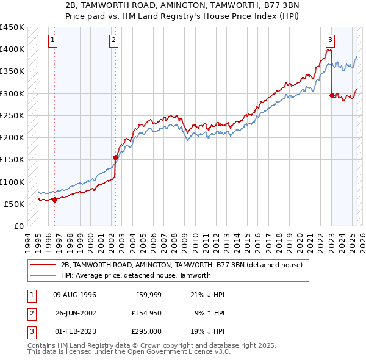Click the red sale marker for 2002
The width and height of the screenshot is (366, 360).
point(115,157)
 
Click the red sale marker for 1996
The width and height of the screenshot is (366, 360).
point(54,199)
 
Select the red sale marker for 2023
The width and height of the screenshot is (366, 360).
point(331,95)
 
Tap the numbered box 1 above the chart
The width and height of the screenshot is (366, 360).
point(54,41)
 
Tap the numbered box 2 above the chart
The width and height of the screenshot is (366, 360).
point(114,41)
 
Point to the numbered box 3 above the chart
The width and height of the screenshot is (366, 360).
point(330,41)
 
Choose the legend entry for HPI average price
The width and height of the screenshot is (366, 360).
point(135,275)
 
